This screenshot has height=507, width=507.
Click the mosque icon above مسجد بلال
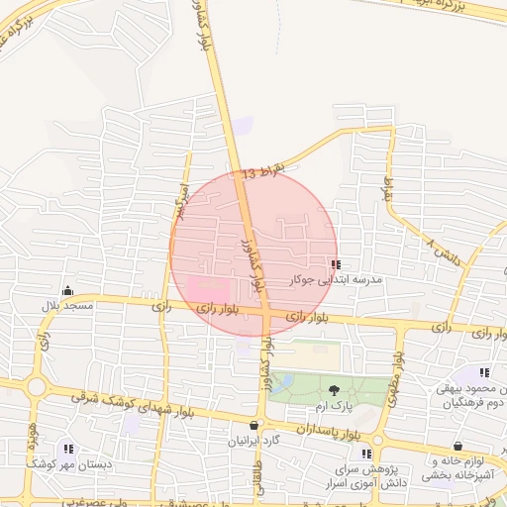pos(67,291)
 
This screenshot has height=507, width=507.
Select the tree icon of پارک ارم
pos(334,391)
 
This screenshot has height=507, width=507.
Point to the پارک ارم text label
pos(335,407)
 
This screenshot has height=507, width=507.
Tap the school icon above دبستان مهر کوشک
pos(67,448)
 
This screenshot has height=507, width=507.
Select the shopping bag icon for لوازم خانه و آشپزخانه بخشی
pos(457,447)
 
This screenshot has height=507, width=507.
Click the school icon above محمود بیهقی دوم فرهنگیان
pos(484,372)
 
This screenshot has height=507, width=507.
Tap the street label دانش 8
pos(447,252)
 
